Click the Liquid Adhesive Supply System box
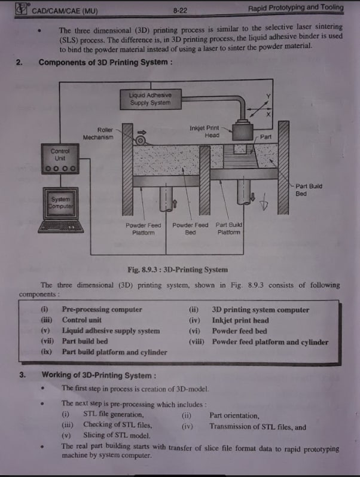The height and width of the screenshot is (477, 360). (x=151, y=99)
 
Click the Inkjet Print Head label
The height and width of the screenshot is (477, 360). (x=204, y=131)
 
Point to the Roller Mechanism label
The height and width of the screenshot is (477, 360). (x=98, y=133)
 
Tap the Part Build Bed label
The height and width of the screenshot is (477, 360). (x=309, y=189)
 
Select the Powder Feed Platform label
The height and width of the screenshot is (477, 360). (x=143, y=228)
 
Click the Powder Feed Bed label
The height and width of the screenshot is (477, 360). (x=190, y=228)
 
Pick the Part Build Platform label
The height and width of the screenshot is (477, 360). (x=228, y=228)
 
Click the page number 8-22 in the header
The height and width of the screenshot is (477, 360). (x=180, y=10)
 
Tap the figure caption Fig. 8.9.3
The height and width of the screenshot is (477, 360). (x=177, y=270)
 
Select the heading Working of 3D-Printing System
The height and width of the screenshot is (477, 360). (x=99, y=375)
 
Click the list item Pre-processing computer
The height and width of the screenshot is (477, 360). (x=102, y=310)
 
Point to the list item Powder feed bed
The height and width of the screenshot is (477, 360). (x=239, y=331)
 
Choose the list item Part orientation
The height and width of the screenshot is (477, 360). (x=234, y=415)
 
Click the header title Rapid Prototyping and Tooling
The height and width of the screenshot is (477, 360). (x=296, y=8)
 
